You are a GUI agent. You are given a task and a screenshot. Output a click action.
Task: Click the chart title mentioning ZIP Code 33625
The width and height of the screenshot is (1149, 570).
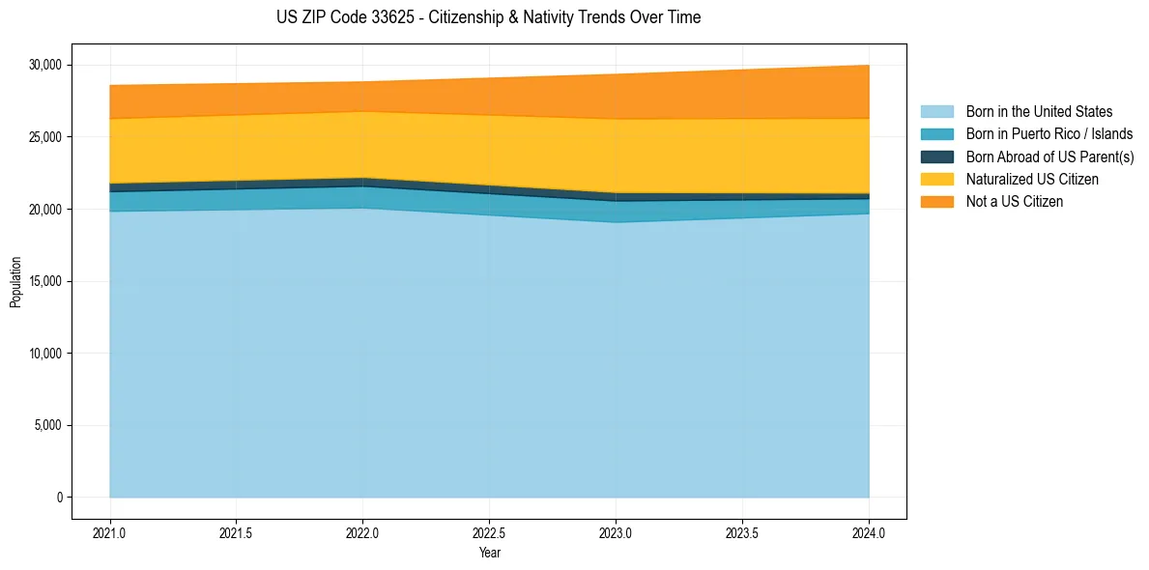[x=488, y=17]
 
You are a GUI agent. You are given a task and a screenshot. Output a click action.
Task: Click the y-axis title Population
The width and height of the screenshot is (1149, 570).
[x=15, y=282]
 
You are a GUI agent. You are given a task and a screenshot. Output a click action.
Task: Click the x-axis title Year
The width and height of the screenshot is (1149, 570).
[x=489, y=553]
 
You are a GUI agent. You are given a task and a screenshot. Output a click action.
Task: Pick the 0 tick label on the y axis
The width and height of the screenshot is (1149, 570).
[x=59, y=498]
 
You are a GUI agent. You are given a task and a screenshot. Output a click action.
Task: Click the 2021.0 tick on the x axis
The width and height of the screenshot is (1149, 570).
[x=109, y=532]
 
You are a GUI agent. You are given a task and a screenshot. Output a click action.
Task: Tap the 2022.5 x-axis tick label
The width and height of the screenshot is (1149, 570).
[x=489, y=532]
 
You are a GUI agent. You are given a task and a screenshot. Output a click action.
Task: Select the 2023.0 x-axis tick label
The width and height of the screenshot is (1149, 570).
[x=616, y=532]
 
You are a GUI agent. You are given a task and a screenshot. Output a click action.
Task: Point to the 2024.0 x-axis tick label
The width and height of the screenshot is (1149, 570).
[x=869, y=532]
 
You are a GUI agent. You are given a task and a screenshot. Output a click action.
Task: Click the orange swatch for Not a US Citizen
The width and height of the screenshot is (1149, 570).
[x=936, y=202]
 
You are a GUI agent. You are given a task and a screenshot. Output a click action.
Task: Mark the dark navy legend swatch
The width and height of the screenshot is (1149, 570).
[x=936, y=157]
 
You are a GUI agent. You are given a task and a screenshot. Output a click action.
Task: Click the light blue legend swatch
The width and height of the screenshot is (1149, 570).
[x=936, y=112]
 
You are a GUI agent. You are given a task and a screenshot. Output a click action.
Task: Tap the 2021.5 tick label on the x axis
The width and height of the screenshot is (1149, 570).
[x=236, y=532]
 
